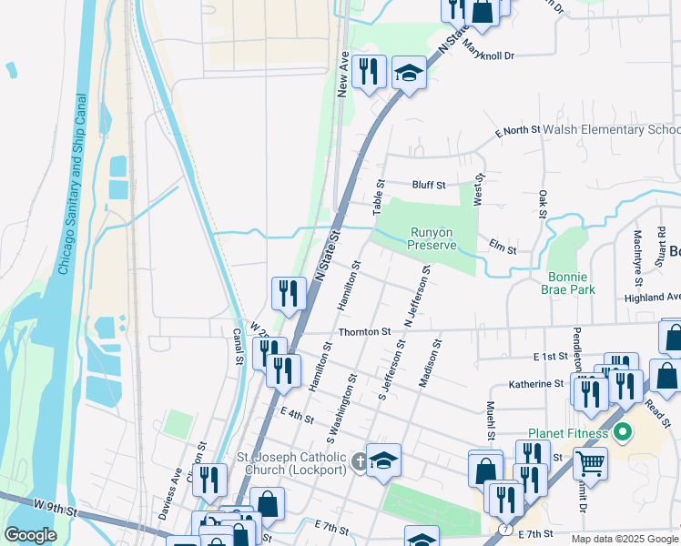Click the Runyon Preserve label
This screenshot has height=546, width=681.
tap(431, 238)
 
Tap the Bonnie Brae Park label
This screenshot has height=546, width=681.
tap(571, 283)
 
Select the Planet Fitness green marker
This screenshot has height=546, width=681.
tap(624, 431)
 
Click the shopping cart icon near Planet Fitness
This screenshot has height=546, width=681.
tap(590, 464)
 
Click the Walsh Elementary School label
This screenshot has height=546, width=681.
tap(611, 130)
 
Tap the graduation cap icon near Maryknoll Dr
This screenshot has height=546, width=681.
tap(410, 74)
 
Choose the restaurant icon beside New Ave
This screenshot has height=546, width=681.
tap(369, 71)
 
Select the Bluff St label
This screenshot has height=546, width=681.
tap(428, 185)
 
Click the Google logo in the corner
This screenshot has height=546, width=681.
tap(30, 535)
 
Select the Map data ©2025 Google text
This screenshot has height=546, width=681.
tap(625, 539)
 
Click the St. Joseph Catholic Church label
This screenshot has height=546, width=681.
tap(291, 463)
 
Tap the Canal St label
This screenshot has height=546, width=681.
tap(238, 347)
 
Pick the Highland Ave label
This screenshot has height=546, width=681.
tap(652, 298)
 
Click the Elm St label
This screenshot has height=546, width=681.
tap(503, 249)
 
